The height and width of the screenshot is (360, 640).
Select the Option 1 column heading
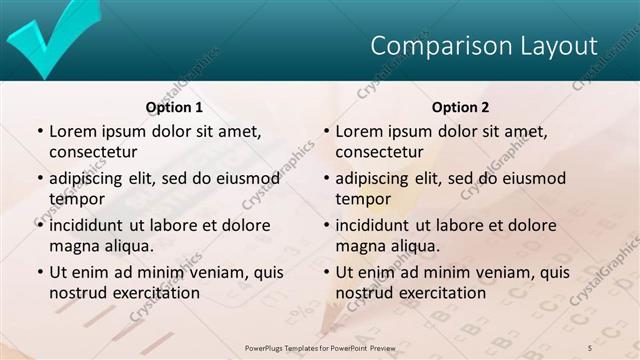[x=174, y=107]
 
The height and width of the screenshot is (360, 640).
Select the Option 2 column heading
[x=460, y=107]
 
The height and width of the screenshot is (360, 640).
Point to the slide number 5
[x=590, y=346]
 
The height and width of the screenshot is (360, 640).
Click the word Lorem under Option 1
[x=73, y=131]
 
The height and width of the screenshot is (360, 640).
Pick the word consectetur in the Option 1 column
[x=92, y=152]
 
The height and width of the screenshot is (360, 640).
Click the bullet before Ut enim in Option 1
[x=39, y=272]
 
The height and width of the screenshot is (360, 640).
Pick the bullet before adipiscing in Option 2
[x=325, y=179]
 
